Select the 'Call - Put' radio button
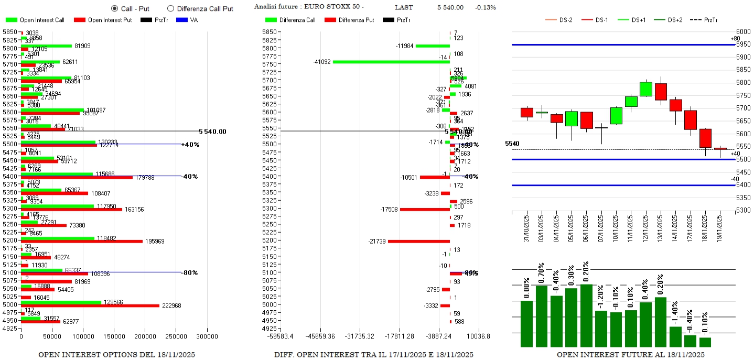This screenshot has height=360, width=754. coord(115,8)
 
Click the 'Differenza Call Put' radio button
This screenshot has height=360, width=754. coord(170,8)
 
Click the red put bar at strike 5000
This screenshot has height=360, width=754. coord(90,306)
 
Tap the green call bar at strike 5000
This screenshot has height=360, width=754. coord(61,302)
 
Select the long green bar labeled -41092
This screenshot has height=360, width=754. coord(391,62)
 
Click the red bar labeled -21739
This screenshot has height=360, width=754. coord(418,242)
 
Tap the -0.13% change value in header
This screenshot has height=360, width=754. coord(485,7)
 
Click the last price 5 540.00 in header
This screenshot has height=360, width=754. coord(450,7)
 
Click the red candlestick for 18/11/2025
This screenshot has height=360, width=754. coord(705,138)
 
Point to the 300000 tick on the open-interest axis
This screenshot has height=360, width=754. coord(207,336)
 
